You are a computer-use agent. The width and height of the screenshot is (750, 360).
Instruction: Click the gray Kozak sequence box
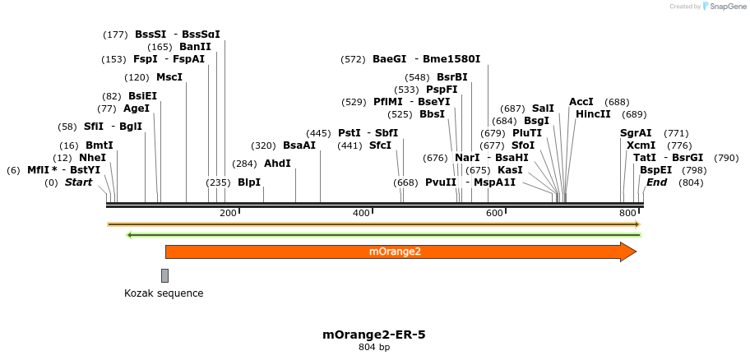point(164,275)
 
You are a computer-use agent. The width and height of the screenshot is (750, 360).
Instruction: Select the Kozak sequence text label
point(164,293)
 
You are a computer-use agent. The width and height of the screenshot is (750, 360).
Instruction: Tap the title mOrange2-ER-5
point(374,335)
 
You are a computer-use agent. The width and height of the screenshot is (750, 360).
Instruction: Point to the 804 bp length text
point(374,348)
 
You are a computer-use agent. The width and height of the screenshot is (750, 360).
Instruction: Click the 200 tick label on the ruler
point(228,213)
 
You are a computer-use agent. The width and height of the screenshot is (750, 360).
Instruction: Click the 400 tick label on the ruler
point(361,213)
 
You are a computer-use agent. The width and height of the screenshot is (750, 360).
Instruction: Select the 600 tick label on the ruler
point(493,213)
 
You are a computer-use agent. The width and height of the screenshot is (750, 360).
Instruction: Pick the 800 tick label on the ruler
point(627,213)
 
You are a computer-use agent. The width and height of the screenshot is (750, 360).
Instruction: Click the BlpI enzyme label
point(249,182)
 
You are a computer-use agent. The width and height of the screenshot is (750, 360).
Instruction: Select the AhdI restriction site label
point(277,163)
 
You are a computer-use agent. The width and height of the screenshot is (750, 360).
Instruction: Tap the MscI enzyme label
point(169,77)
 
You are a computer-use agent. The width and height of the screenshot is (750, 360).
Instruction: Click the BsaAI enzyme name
point(299,145)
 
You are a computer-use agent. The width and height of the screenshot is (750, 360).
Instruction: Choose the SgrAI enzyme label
point(636,132)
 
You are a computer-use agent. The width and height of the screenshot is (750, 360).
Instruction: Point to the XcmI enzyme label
point(641,145)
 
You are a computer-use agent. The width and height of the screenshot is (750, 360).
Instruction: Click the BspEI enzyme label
point(656,169)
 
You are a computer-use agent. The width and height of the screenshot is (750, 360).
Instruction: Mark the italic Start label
point(78,182)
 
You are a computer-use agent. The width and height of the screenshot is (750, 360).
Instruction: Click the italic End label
point(656,182)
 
